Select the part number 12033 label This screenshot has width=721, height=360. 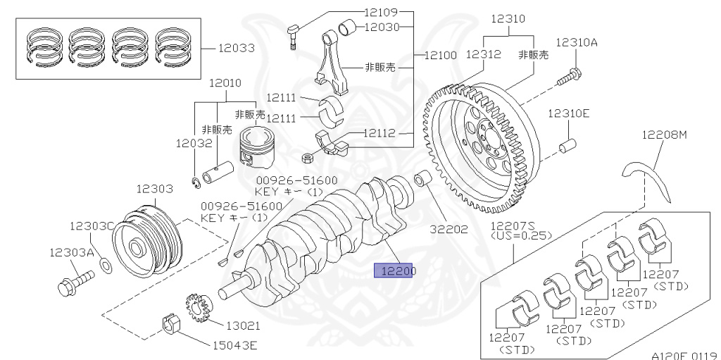click(x=236, y=49)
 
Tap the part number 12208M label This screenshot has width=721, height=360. click(x=663, y=135)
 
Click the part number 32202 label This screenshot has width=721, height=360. click(x=451, y=229)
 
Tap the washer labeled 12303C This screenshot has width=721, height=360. click(x=105, y=265)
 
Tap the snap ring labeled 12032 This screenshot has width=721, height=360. click(x=199, y=184)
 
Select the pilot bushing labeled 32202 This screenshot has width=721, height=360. click(x=423, y=180)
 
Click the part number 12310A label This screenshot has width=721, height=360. click(x=576, y=42)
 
